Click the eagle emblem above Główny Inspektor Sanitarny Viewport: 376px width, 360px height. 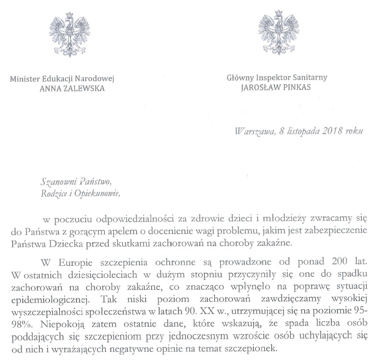pos(276,30)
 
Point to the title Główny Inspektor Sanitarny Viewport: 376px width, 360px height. pos(277,78)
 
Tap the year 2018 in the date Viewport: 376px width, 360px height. pos(328,132)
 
